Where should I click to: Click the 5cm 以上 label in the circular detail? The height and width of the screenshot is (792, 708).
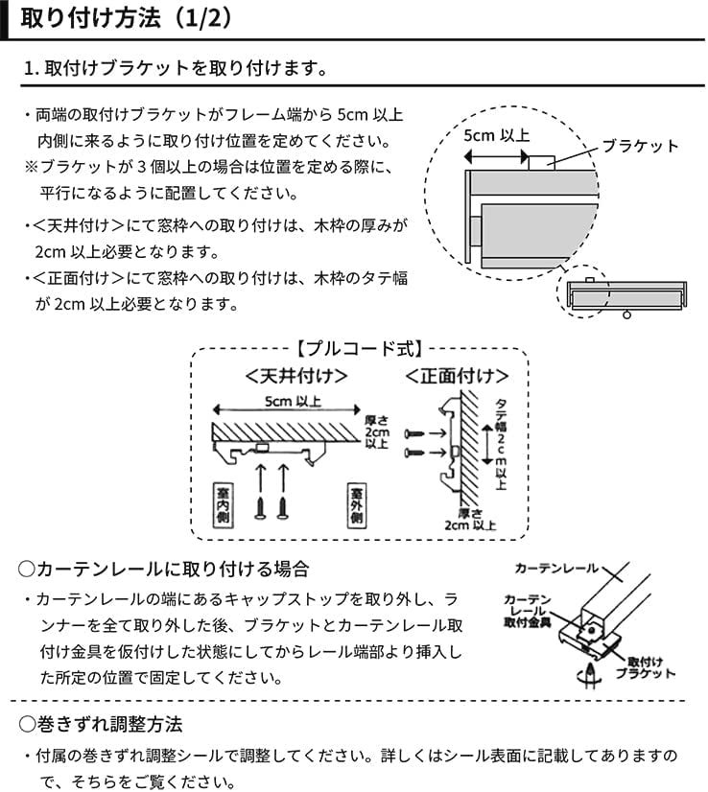(x=496, y=135)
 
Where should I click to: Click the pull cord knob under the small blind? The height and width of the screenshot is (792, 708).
(x=629, y=314)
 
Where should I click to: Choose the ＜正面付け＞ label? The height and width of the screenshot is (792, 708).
(x=455, y=374)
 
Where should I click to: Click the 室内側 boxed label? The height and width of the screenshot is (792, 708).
(x=220, y=502)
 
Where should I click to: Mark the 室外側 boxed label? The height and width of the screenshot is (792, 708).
(x=355, y=502)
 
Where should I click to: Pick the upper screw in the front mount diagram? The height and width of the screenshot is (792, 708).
(x=414, y=434)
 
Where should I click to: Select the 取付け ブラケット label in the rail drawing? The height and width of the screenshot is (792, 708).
(x=651, y=668)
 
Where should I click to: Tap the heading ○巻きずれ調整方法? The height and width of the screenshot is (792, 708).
(x=101, y=722)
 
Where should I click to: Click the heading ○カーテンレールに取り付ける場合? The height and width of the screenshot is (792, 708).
(x=164, y=569)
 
